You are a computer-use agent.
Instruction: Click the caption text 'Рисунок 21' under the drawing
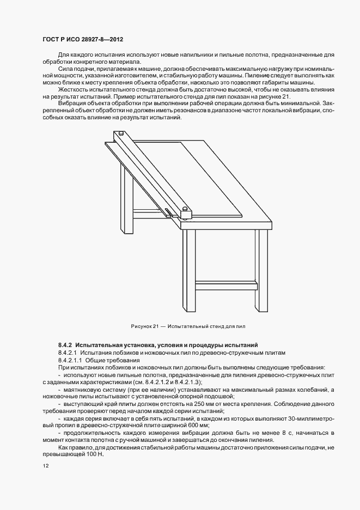144,326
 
